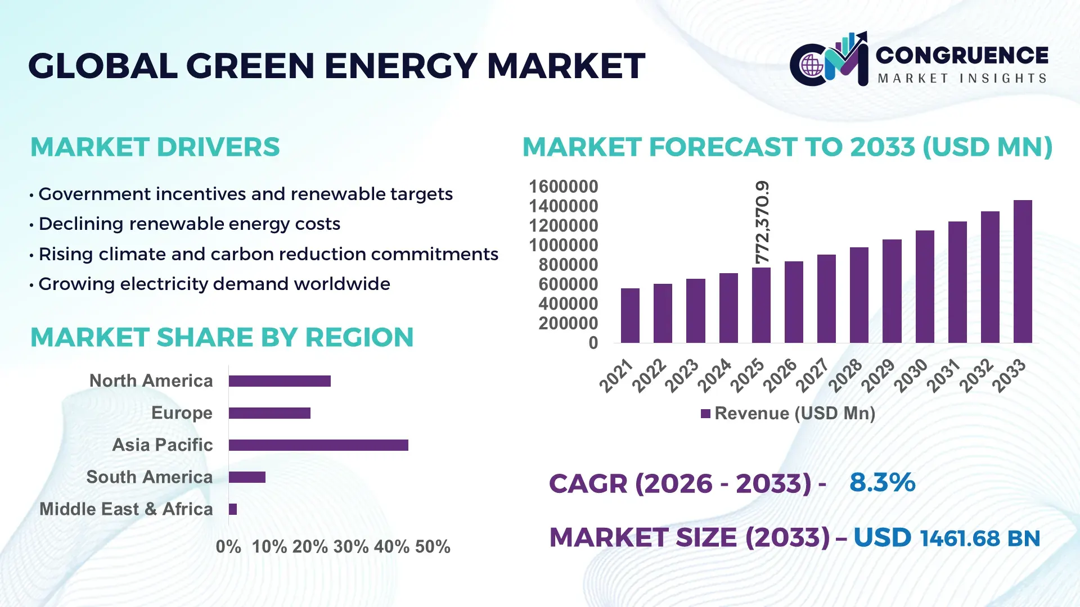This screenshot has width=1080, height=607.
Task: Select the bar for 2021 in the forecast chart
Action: point(630,315)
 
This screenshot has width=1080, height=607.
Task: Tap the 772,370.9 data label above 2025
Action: point(762,223)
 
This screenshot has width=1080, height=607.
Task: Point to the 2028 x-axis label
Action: point(845,375)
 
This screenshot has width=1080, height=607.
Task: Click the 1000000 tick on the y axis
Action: point(563,246)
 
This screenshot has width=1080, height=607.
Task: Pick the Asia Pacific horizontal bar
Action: point(318,445)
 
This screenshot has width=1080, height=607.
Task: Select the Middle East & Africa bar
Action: point(233,509)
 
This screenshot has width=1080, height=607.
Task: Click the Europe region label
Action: point(182,413)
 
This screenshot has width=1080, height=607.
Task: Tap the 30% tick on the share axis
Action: point(351,547)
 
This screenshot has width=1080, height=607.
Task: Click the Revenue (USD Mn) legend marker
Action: point(705,414)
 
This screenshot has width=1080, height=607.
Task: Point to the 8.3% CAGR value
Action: point(882,483)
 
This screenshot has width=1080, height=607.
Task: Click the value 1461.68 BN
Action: point(980,538)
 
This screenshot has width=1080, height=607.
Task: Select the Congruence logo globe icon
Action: point(812,65)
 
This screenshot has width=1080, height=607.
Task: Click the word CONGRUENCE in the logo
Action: point(961,55)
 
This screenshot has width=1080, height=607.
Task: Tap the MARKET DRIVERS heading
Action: point(155,147)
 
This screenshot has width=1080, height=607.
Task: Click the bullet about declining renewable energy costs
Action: point(189,224)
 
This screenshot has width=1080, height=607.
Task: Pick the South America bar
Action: point(247,477)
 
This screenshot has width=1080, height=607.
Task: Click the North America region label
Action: point(151,381)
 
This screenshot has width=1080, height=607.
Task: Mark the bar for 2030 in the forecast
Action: point(924,287)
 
